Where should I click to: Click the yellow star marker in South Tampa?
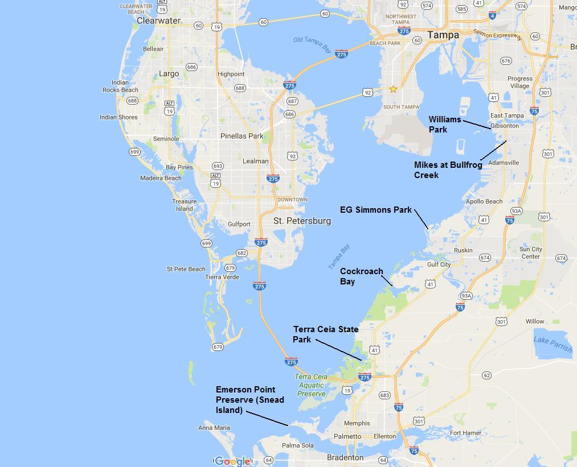393,89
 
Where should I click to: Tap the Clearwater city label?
158,20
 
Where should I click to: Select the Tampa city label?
443,35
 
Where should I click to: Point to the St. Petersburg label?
302,221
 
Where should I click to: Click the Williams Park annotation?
445,125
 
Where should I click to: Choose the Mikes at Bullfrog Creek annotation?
448,170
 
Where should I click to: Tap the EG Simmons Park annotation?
375,210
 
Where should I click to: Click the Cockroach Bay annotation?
361,276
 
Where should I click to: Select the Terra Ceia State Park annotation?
325,334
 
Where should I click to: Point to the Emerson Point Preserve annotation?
249,400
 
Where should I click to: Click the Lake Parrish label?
553,344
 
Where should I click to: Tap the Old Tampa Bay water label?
312,44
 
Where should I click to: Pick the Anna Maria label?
214,428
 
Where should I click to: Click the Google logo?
232,461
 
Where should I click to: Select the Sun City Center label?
531,253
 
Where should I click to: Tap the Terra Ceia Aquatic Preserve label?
311,385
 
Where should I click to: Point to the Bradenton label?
345,457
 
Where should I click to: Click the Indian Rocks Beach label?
120,86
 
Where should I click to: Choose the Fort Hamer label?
465,433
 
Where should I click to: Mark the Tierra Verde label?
222,277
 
